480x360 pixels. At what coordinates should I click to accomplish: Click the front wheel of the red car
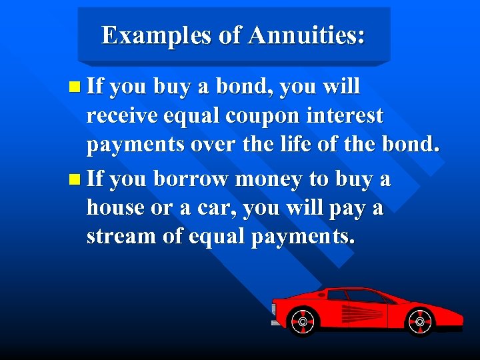coord(420,322)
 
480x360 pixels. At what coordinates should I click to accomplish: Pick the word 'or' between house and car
coord(159,209)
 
